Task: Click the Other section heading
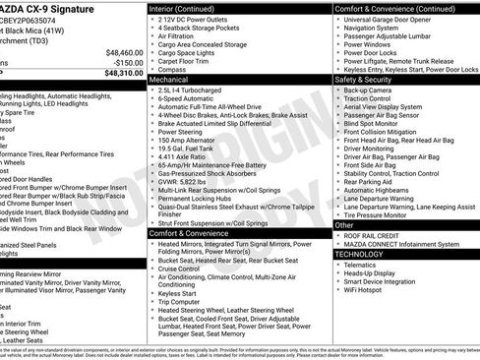(x=344, y=225)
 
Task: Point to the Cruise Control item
(x=186, y=269)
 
